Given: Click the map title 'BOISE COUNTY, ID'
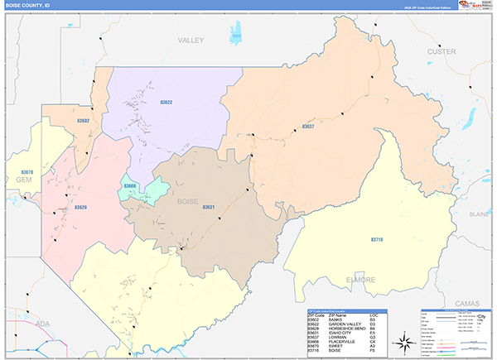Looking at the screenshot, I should [27, 5].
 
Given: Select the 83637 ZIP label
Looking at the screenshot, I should [308, 127].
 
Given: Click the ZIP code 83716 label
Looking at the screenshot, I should [377, 239].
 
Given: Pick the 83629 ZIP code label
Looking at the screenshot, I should [80, 207].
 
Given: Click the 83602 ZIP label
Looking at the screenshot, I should [83, 121].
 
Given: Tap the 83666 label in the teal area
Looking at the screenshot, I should [130, 186].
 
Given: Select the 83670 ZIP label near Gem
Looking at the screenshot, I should [28, 172].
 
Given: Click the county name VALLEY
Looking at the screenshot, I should [191, 40].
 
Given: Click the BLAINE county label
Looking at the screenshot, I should [480, 214].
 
